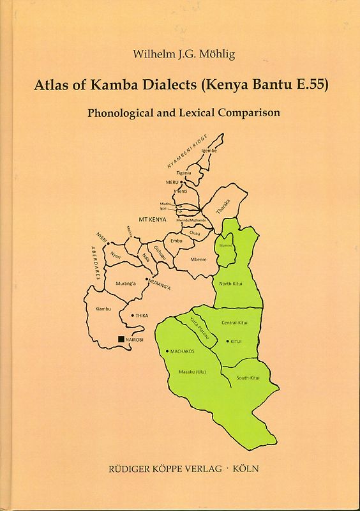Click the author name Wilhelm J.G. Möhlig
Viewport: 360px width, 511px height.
pos(179,56)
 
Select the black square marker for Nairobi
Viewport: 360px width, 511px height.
pos(121,339)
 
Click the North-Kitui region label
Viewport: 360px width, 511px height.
pos(231,283)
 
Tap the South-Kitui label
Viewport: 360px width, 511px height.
pos(248,379)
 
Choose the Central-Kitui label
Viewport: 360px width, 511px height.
pos(234,323)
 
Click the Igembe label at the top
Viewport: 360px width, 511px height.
pos(209,150)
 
